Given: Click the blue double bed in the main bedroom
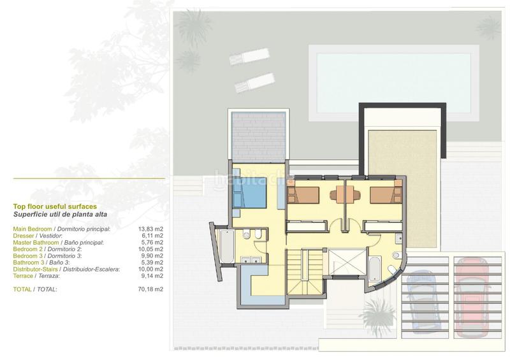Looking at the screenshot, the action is pos(250,193).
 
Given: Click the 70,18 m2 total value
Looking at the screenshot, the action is pos(150,289).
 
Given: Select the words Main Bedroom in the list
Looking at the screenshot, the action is pos(33,229).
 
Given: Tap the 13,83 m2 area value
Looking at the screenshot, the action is pos(150,229).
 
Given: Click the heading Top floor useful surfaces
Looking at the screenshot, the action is pos(55,206).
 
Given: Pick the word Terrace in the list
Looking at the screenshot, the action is pos(23,276).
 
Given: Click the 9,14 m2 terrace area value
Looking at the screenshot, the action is pos(152,276).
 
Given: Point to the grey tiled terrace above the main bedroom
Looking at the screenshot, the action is pos(259,136).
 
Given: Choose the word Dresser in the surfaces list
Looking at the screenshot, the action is pos(24,236).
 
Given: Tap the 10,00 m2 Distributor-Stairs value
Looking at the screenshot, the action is pos(150,270).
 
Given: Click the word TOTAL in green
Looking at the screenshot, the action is pos(22,289).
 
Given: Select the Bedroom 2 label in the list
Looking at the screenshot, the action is pos(27,249).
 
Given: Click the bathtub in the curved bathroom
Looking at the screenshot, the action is pos(375,269).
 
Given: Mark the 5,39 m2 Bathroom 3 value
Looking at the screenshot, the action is pos(152,263).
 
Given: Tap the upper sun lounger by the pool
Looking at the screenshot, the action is pos(250,56).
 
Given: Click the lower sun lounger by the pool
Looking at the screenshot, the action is pos(254,83).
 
